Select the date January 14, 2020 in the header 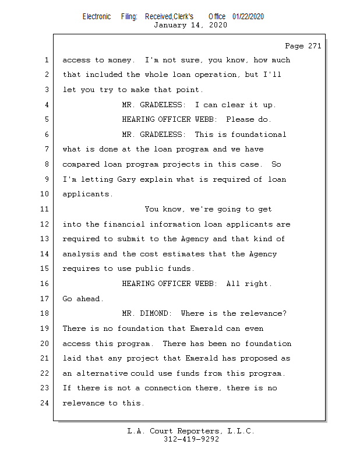190,25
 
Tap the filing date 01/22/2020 248,16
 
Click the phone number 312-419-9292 191,439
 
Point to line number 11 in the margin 46,209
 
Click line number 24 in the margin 46,403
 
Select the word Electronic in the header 97,16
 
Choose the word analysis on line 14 81,254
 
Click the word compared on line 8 81,164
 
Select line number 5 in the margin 46,119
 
